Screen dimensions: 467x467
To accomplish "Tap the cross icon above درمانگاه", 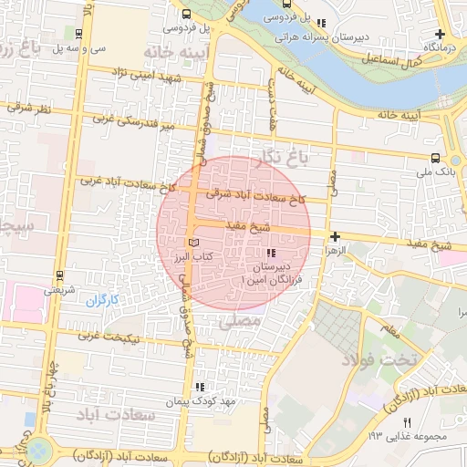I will click(x=441, y=32).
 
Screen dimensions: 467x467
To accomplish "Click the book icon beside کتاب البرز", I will click(x=192, y=243).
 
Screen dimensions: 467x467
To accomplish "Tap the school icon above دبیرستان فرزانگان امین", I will click(x=269, y=253).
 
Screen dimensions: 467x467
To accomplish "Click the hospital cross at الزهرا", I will click(x=336, y=236).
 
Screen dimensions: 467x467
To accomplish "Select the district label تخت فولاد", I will click(x=378, y=358).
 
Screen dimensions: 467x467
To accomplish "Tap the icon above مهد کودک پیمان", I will click(x=200, y=387).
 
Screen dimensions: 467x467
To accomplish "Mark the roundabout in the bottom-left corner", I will click(x=38, y=450).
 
